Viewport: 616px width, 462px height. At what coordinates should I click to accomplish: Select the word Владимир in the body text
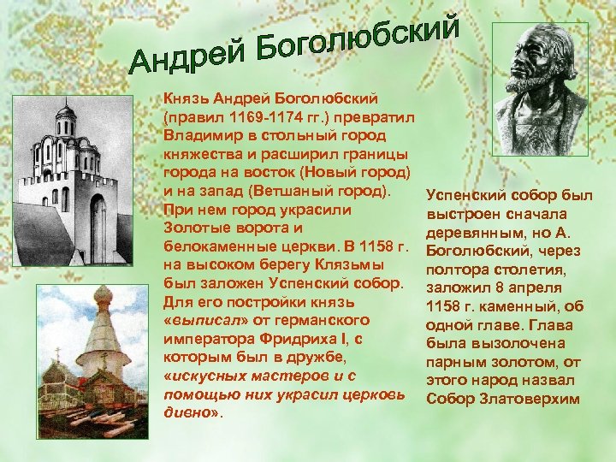[199, 136]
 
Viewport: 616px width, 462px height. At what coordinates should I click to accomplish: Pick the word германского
[325, 320]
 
